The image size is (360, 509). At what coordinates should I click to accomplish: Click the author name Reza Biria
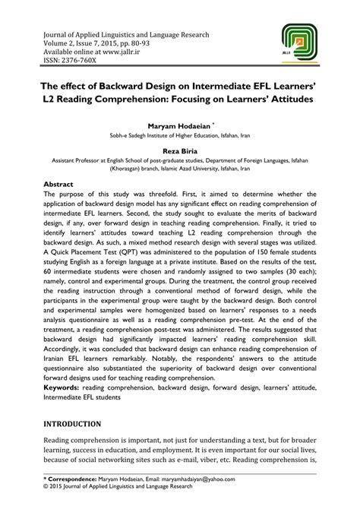click(x=179, y=152)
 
